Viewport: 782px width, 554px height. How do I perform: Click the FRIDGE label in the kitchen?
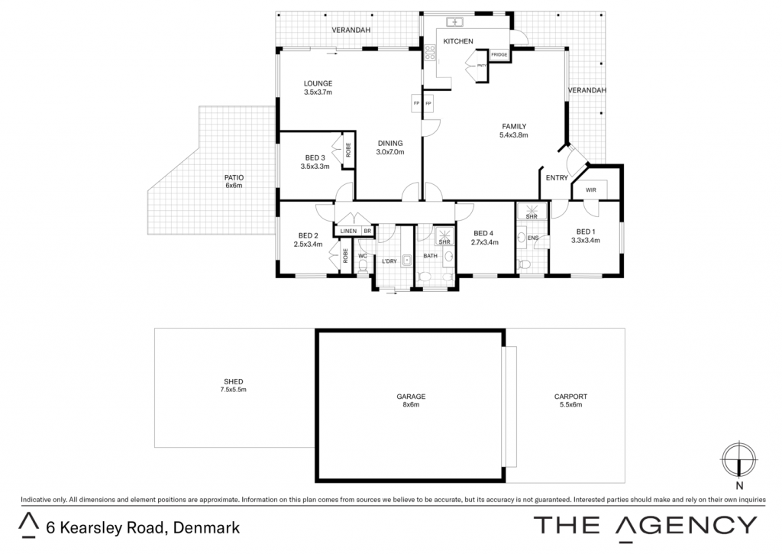pyautogui.click(x=499, y=55)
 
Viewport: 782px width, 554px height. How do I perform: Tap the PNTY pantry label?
pyautogui.click(x=481, y=66)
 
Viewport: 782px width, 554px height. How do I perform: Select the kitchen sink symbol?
pyautogui.click(x=454, y=22)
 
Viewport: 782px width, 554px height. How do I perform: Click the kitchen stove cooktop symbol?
pyautogui.click(x=430, y=53)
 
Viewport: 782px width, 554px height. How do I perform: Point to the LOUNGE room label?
pyautogui.click(x=318, y=83)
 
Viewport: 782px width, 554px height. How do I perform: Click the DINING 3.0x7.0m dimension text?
pyautogui.click(x=390, y=152)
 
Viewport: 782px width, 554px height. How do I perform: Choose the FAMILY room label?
pyautogui.click(x=514, y=126)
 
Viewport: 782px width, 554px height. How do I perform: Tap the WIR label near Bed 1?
pyautogui.click(x=590, y=190)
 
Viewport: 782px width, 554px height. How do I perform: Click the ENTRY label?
pyautogui.click(x=557, y=178)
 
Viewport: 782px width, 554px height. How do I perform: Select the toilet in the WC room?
pyautogui.click(x=363, y=265)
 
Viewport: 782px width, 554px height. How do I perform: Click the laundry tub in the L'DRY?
pyautogui.click(x=407, y=260)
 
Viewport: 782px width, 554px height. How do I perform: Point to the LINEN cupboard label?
pyautogui.click(x=348, y=231)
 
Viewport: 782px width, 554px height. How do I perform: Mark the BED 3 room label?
pyautogui.click(x=315, y=157)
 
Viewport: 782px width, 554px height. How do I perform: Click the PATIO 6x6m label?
pyautogui.click(x=234, y=181)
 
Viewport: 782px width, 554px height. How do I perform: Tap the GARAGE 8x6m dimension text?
pyautogui.click(x=411, y=405)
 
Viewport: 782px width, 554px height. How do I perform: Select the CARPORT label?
pyautogui.click(x=570, y=397)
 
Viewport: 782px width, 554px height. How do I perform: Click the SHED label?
pyautogui.click(x=234, y=381)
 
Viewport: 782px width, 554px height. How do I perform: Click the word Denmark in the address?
pyautogui.click(x=206, y=527)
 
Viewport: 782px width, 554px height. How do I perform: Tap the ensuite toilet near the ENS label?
pyautogui.click(x=524, y=264)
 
